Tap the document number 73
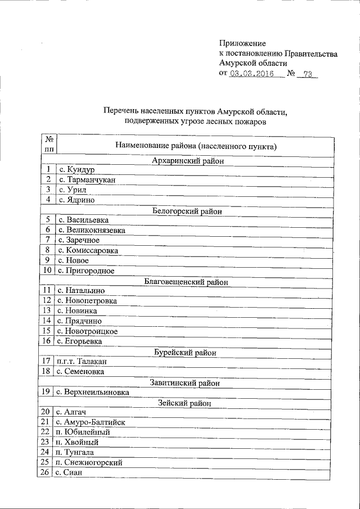point(307,74)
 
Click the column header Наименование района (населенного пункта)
point(196,146)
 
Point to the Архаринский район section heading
point(188,161)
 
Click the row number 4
point(49,200)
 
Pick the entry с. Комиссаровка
point(88,250)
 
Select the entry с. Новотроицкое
point(87,331)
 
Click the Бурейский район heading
point(186,353)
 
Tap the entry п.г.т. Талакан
point(82,361)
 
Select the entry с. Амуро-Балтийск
point(91,422)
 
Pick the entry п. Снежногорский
point(89,462)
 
